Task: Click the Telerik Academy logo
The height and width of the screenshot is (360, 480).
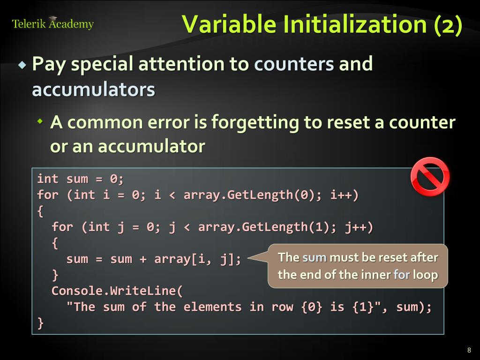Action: [52, 23]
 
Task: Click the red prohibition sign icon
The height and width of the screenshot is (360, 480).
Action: [430, 177]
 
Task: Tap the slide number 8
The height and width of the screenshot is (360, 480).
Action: [469, 350]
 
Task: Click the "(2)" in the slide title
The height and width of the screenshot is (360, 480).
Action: [448, 24]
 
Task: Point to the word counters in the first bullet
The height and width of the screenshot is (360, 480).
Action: [294, 64]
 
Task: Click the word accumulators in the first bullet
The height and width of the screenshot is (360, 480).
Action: [93, 89]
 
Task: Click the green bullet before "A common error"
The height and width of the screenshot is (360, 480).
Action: [40, 122]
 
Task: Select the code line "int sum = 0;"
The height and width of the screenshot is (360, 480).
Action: [80, 179]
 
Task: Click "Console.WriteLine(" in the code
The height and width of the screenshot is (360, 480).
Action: [117, 291]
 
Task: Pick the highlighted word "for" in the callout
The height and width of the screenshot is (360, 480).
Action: [401, 275]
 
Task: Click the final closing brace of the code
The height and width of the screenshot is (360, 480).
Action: [40, 323]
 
